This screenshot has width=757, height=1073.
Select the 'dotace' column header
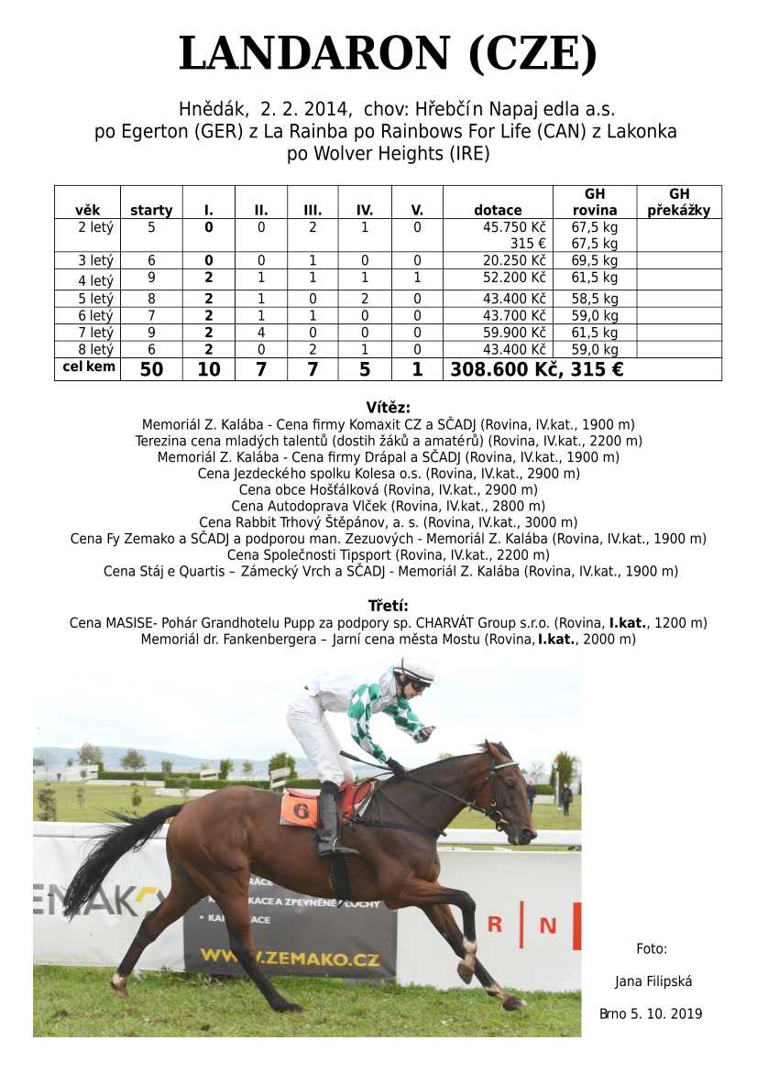pos(498,210)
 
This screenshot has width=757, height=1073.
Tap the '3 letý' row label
pos(95,260)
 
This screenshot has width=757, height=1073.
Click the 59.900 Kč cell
pos(513,333)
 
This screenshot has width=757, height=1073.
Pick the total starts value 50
pos(151,369)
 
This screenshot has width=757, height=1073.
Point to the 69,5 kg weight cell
pos(594,260)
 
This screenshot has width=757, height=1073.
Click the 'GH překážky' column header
pos(678,202)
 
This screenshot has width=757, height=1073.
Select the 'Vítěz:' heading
pos(388,408)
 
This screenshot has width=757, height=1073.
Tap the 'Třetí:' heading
pos(388,606)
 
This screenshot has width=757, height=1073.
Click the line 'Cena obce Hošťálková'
pos(388,489)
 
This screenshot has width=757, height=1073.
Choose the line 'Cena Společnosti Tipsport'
pos(388,554)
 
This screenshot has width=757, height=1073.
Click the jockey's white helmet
pos(414,671)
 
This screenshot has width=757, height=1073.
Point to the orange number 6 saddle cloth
pos(299,809)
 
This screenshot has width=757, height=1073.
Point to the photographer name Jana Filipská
pos(653,981)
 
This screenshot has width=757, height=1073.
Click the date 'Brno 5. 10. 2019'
pos(651,1013)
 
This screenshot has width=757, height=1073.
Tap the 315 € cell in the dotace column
pos(528,243)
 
